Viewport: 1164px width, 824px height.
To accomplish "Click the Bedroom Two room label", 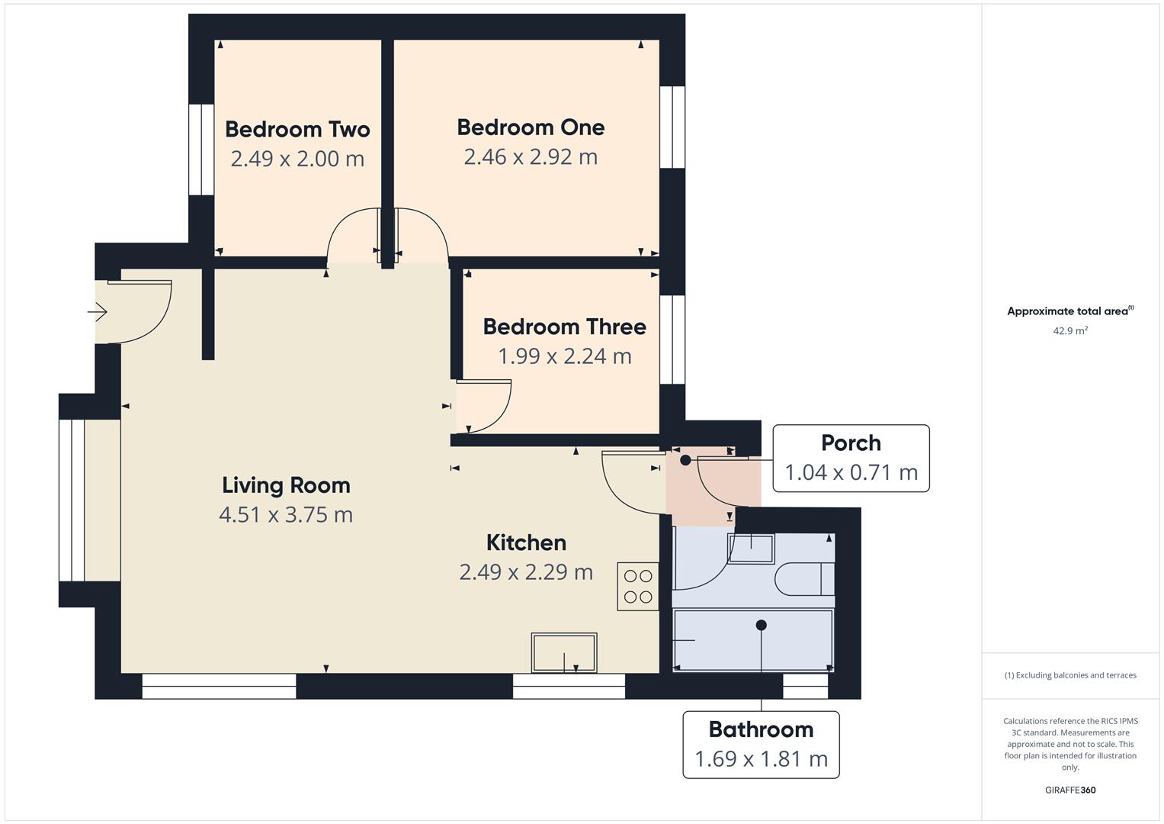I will (x=297, y=129).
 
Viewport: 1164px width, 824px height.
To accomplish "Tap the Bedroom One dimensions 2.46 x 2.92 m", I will (x=531, y=157).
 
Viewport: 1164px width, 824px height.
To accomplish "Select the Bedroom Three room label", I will (x=564, y=327).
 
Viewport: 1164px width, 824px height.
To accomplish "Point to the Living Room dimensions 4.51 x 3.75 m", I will (x=286, y=515).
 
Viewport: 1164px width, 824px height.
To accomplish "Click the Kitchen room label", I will (x=526, y=542).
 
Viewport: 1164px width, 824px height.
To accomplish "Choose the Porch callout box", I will (x=851, y=458).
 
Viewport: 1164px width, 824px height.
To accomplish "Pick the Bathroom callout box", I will (x=761, y=745).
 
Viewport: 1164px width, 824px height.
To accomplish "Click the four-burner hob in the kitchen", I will (x=638, y=586).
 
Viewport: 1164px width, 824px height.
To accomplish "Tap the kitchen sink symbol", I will (x=564, y=653).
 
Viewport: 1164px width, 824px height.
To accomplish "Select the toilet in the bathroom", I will (x=803, y=579).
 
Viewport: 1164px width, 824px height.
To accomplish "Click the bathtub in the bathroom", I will (x=753, y=640).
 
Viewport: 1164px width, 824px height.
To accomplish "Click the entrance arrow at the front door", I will (x=98, y=311).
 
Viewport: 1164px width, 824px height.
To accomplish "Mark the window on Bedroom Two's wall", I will (x=201, y=150).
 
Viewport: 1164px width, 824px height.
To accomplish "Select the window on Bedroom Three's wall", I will (x=672, y=339).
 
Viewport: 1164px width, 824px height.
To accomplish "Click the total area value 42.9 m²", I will (x=1070, y=331).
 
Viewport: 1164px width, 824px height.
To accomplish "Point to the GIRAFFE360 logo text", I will (x=1070, y=790).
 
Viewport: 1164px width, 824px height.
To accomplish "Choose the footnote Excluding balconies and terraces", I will (x=1070, y=675).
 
